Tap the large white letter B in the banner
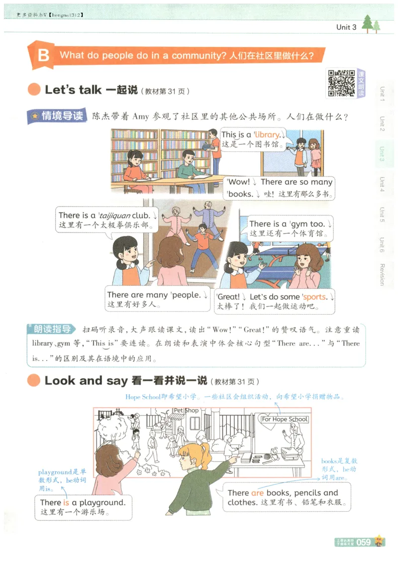pos(44,55)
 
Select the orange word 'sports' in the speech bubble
pos(315,297)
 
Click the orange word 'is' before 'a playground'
pos(66,502)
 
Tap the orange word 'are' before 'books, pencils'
pos(257,493)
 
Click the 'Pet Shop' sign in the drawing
pos(186,411)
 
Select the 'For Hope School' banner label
pos(285,419)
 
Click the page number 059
pos(363,542)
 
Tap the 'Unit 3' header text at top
pos(346,27)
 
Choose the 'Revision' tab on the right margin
pos(382,274)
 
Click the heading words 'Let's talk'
pos(73,90)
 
